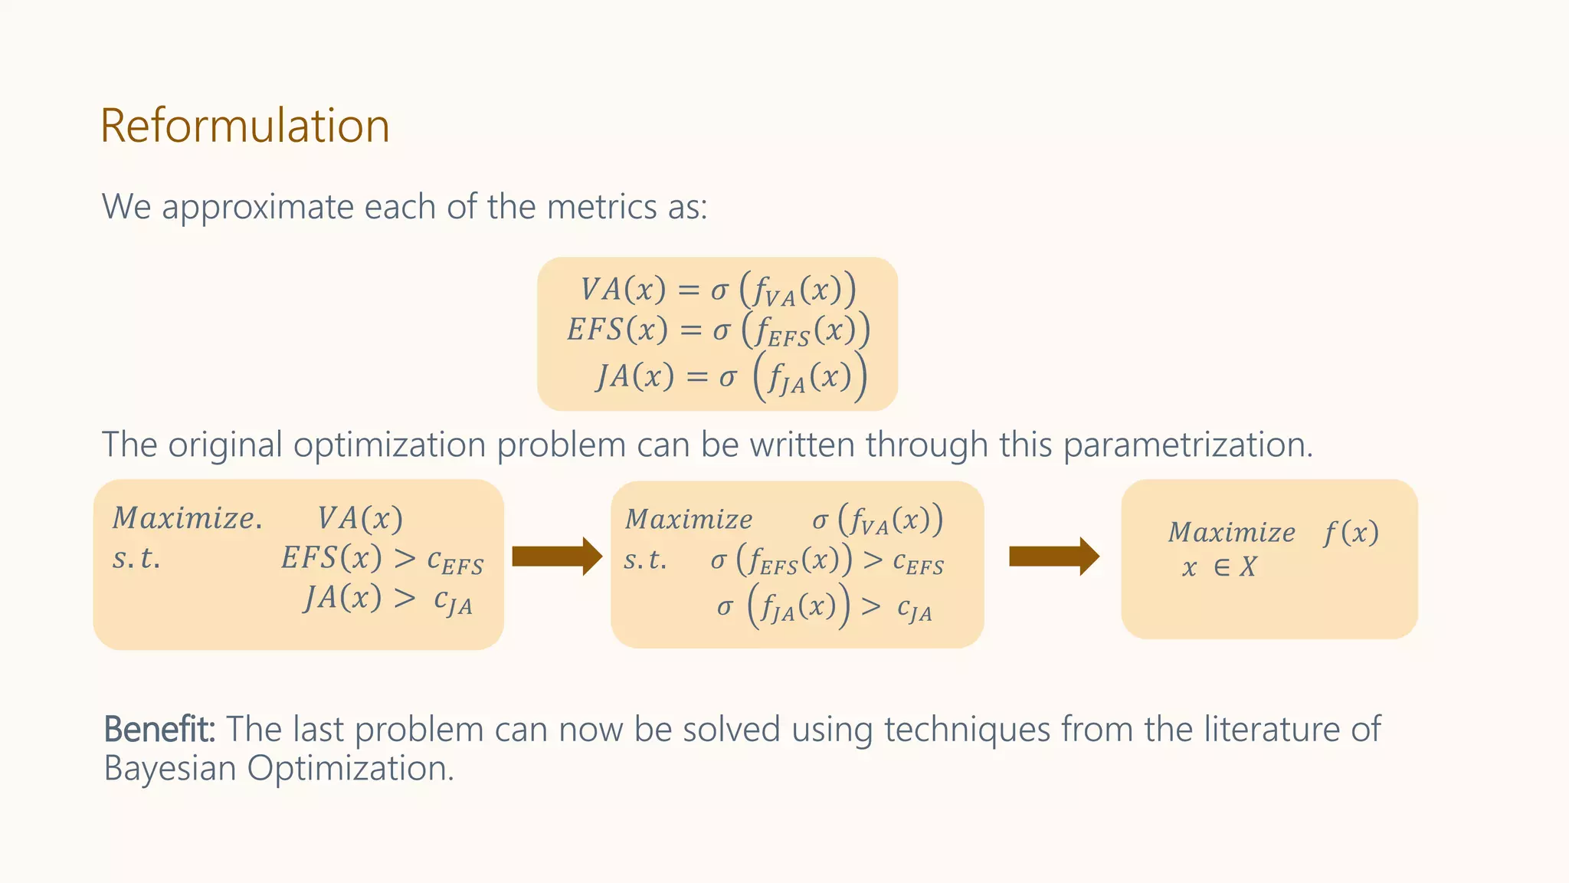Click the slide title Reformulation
point(245,126)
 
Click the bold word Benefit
point(159,729)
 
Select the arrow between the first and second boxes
point(557,556)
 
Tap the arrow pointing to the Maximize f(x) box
point(1054,556)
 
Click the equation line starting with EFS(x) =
point(718,330)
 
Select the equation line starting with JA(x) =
point(731,376)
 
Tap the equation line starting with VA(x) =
point(718,290)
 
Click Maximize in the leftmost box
point(187,519)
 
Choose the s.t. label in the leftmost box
point(136,559)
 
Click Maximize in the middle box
point(689,520)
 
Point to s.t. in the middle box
point(645,560)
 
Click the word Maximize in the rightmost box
point(1231,532)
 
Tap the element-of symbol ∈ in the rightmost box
point(1222,567)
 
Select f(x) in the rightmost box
point(1351,532)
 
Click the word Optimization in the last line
point(350,768)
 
